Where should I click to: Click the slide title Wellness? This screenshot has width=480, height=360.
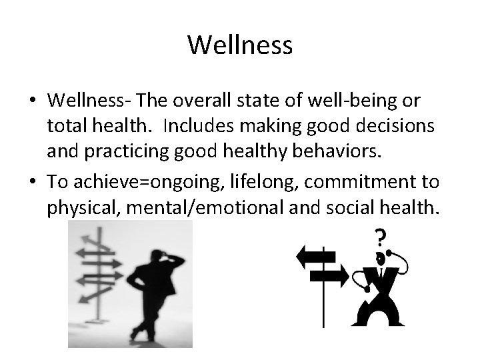tap(240, 45)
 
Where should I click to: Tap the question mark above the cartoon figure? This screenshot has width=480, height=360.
tap(381, 238)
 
